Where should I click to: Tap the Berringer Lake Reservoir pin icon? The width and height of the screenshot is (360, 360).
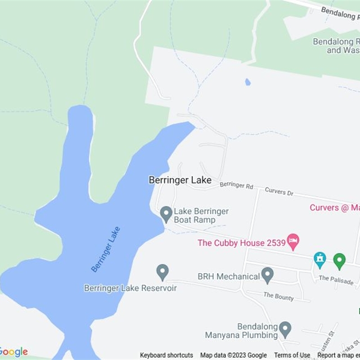[x=162, y=272]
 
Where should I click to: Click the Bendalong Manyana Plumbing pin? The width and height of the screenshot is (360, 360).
[x=285, y=329]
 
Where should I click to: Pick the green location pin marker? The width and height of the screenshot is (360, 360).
[x=339, y=261]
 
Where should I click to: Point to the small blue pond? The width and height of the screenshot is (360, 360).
[x=247, y=82]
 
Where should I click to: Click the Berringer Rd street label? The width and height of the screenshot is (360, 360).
[x=236, y=185]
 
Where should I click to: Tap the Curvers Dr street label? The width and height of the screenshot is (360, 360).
[x=279, y=191]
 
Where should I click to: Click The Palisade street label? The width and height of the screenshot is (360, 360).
[x=336, y=280]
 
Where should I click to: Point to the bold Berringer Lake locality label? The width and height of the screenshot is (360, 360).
[x=180, y=180]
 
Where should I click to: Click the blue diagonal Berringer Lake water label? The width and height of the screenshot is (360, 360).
[x=106, y=249]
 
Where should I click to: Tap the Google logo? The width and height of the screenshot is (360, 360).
[x=13, y=352]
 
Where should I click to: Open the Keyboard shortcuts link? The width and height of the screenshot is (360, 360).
[x=166, y=355]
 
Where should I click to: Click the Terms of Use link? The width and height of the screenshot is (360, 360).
[x=292, y=355]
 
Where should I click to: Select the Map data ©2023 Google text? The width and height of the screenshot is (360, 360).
[x=234, y=355]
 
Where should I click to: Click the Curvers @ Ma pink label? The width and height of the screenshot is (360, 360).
[x=334, y=207]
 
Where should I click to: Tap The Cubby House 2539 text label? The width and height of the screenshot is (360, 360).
[x=242, y=243]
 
